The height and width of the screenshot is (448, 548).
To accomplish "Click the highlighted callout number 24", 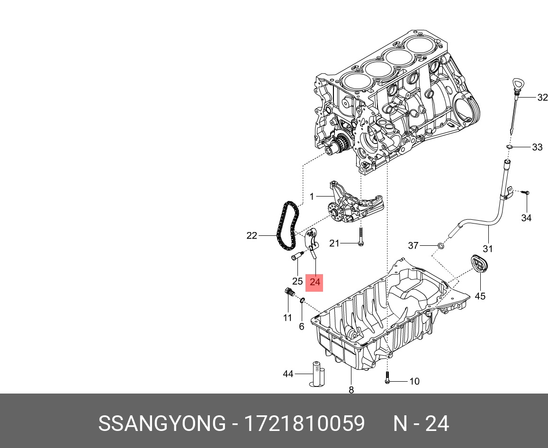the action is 315,283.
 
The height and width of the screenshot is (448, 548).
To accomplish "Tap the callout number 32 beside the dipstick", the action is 542,98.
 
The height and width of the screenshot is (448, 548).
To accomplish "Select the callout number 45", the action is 480,296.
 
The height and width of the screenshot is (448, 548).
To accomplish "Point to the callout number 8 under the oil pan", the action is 351,390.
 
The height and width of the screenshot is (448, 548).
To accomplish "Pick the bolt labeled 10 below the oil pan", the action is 387,378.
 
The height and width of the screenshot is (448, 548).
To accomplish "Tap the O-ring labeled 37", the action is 441,246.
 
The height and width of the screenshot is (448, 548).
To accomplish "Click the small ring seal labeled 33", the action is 509,147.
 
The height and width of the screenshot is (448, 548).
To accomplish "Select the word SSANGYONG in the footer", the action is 162,423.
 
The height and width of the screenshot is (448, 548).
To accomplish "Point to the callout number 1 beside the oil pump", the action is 312,197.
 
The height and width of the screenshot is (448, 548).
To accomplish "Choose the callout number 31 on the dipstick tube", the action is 488,249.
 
